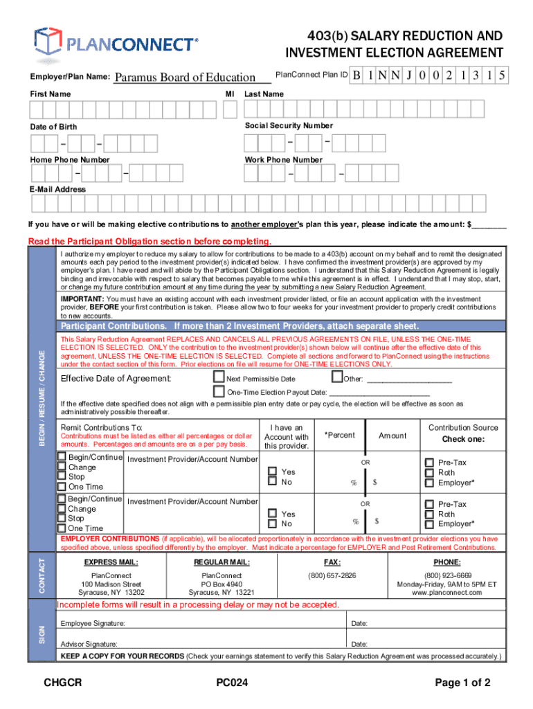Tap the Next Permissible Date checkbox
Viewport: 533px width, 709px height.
click(219, 377)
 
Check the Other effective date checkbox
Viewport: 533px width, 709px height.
click(337, 377)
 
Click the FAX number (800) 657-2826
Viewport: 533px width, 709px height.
click(332, 575)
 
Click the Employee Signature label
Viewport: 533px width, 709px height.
click(93, 623)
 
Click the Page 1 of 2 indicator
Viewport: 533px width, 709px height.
click(463, 683)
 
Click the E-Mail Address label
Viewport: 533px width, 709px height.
click(58, 189)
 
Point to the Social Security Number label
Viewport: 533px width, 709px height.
click(289, 125)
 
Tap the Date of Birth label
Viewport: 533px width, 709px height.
click(54, 127)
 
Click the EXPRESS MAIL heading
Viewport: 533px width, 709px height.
click(111, 562)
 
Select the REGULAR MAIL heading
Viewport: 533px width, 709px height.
click(222, 562)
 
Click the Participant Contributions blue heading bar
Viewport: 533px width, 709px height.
click(240, 326)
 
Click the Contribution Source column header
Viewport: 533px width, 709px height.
click(463, 428)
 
